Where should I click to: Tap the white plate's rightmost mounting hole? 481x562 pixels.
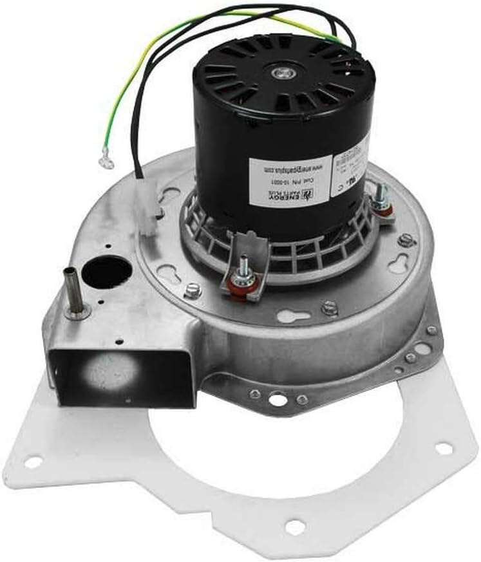444,448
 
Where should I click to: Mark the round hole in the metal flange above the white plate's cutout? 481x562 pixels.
278,400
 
